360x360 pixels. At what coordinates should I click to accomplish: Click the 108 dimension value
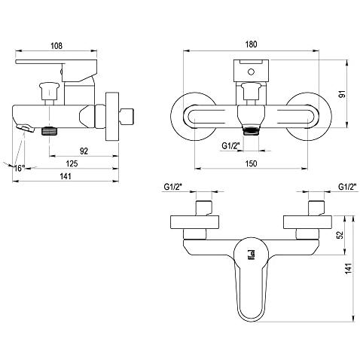tap(56, 46)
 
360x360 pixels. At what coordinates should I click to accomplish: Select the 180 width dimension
tap(251, 44)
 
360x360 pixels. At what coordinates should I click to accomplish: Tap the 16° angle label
tap(20, 168)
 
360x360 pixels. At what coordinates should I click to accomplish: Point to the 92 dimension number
tap(84, 151)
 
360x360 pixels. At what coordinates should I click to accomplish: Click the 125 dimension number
tap(72, 163)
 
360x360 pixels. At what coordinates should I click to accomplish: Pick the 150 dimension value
tap(251, 163)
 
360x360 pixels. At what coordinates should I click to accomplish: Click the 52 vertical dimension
tap(340, 235)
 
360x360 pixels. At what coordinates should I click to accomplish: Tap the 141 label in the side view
tap(66, 176)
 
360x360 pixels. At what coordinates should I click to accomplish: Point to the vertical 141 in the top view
tap(349, 269)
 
